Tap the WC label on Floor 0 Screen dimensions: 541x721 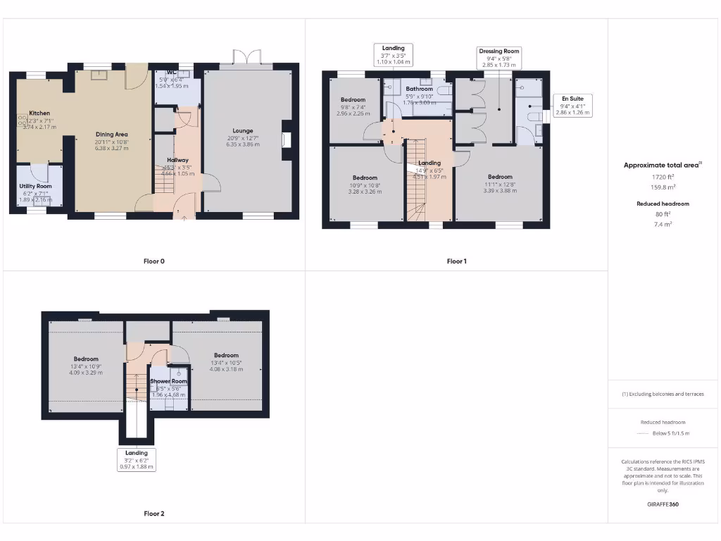(172, 73)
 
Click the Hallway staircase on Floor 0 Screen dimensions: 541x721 (164, 182)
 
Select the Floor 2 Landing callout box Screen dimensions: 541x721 (137, 459)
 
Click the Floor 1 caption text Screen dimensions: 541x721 (456, 261)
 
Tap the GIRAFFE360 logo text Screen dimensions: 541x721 (663, 504)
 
